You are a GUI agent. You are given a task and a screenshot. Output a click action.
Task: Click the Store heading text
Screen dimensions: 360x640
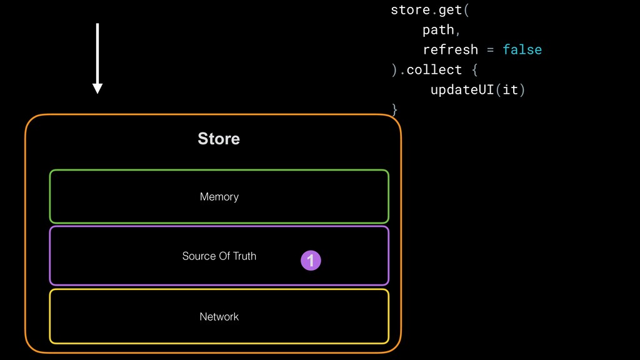[219, 139]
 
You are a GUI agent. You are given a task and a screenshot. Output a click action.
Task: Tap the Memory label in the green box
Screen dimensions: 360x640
[219, 197]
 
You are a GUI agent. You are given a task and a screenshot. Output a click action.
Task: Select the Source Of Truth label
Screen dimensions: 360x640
[219, 256]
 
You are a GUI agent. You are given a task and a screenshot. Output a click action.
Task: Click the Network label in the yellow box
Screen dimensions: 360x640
[219, 317]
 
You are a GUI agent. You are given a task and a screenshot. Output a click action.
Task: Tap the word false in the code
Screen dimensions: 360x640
[522, 49]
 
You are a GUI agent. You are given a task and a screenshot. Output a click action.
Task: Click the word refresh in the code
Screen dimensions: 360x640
[450, 49]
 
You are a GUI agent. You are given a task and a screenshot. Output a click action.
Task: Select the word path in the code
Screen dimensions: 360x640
[438, 29]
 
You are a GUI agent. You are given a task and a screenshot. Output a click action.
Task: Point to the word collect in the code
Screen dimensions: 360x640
[434, 69]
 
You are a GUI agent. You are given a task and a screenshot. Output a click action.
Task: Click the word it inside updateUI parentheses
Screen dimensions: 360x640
[510, 89]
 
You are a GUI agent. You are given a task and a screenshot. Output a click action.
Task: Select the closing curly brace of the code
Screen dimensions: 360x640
[394, 109]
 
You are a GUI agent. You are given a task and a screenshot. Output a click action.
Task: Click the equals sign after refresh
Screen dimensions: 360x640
[490, 49]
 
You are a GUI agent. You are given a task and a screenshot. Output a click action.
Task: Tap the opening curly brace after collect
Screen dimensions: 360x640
[474, 69]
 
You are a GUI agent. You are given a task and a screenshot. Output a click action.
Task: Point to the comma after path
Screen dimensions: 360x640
[458, 31]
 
